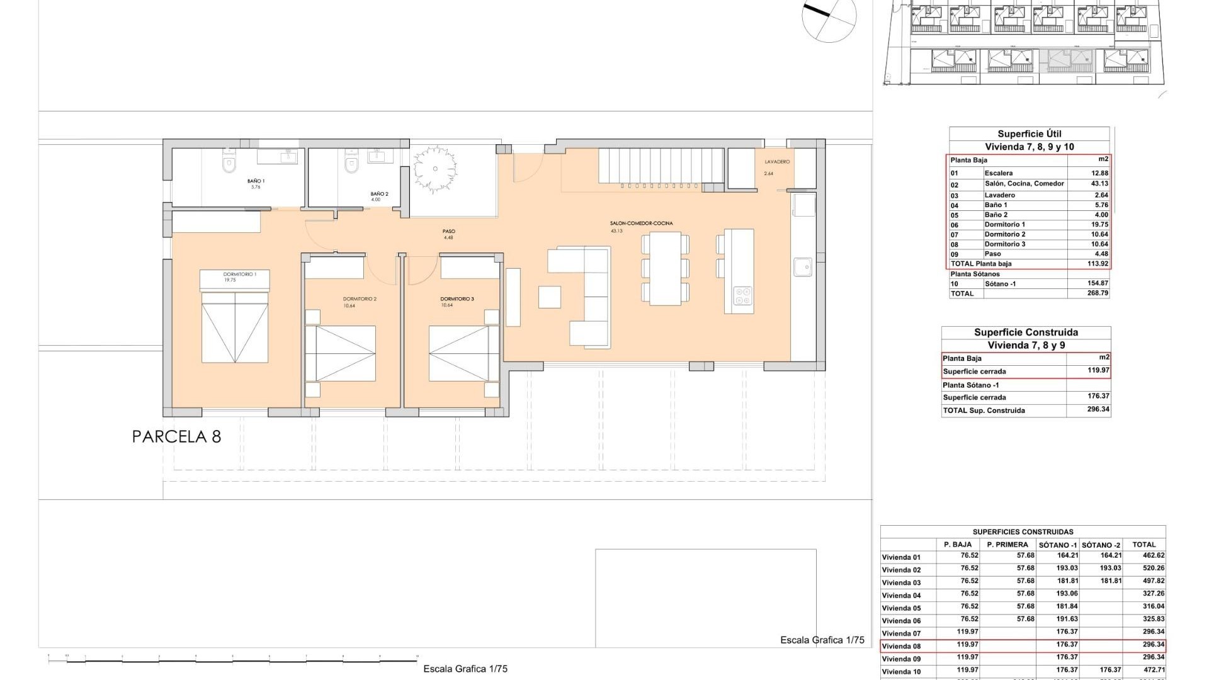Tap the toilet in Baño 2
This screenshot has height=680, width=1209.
[351, 163]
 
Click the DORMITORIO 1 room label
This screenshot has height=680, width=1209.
[239, 275]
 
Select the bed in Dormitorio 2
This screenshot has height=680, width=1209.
[340, 353]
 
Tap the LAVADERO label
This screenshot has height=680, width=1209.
[776, 162]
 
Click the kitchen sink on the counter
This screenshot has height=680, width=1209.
[803, 267]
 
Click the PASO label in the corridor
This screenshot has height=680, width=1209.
[448, 231]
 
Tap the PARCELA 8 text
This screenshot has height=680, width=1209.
[176, 437]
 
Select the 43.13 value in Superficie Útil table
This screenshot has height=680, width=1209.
[1099, 184]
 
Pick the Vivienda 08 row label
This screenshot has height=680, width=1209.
[901, 646]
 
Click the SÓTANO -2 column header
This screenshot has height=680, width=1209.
[1101, 545]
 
